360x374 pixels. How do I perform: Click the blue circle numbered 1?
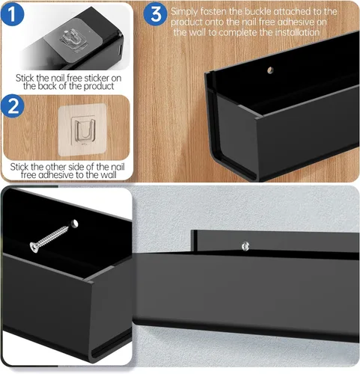13,14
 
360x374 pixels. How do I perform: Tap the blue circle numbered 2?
13,105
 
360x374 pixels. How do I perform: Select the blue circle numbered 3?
155,14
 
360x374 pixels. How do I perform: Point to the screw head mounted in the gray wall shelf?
245,246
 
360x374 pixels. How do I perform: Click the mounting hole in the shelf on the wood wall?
270,70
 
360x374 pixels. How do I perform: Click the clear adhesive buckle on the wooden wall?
82,130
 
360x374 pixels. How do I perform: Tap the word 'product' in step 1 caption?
99,87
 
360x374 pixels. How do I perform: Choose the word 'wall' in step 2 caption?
109,175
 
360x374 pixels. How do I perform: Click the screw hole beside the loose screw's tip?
74,224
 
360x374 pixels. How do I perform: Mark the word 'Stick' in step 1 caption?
25,78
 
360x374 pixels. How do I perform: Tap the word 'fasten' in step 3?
213,11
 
